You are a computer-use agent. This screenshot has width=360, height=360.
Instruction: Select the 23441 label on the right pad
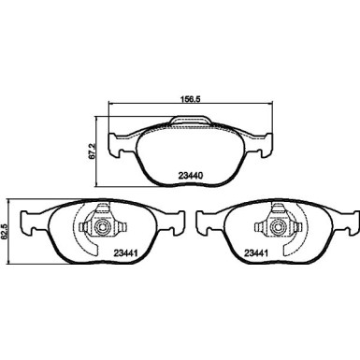click(257, 252)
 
